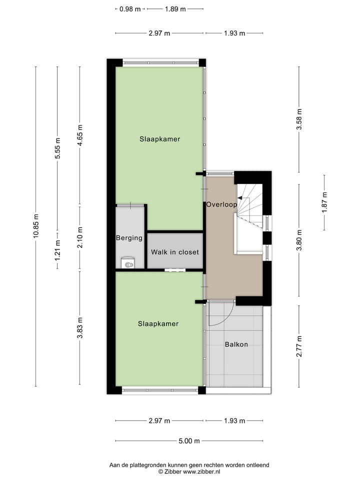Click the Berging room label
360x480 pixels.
click(129, 238)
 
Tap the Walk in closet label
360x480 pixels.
click(175, 252)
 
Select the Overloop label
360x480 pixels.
click(220, 204)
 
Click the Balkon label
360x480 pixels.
click(236, 344)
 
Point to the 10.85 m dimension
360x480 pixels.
click(36, 226)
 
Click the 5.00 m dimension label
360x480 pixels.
click(189, 441)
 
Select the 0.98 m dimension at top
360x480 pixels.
click(130, 9)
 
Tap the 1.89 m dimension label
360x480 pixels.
click(175, 9)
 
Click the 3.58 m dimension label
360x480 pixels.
click(299, 119)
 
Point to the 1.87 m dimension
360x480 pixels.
click(324, 202)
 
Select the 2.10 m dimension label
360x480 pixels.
click(79, 237)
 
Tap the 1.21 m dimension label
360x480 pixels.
click(57, 250)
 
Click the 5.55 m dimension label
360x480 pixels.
click(57, 148)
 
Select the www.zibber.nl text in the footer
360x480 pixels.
click(202, 471)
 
